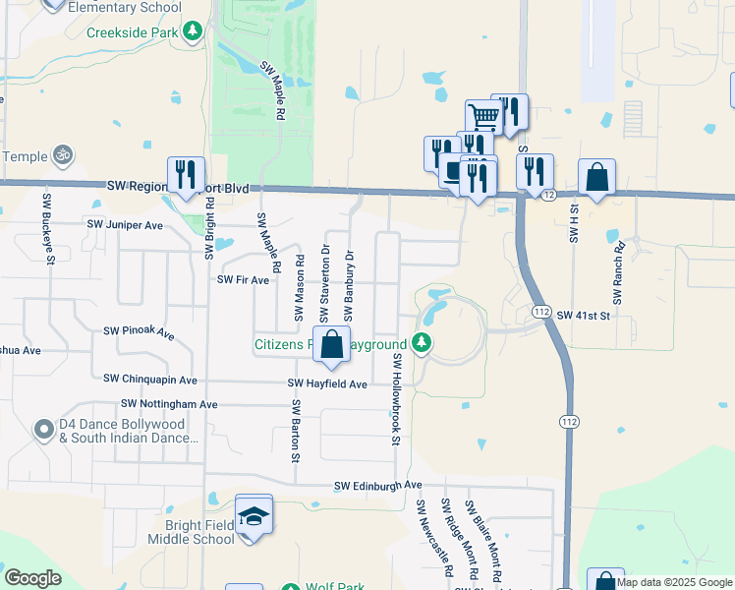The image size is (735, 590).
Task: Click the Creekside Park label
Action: click(x=132, y=31)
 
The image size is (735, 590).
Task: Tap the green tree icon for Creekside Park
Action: click(x=195, y=31)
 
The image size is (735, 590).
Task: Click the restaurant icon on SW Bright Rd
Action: click(x=186, y=174)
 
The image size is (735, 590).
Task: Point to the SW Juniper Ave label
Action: click(x=125, y=224)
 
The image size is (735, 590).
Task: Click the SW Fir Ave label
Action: click(x=243, y=280)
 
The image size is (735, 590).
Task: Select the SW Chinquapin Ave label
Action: click(x=150, y=380)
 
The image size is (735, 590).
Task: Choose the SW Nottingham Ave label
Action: click(x=169, y=404)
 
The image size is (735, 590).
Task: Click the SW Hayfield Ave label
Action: click(x=327, y=383)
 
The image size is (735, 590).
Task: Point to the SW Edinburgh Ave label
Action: click(x=377, y=486)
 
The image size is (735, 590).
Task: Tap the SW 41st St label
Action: click(x=584, y=316)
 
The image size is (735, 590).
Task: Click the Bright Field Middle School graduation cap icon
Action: click(x=254, y=515)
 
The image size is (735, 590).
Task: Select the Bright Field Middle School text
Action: click(x=192, y=532)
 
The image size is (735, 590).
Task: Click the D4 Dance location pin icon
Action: click(x=42, y=429)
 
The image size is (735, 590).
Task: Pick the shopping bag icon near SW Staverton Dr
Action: click(x=332, y=344)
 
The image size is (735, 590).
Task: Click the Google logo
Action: click(x=33, y=578)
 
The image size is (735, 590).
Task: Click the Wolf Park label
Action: click(x=334, y=587)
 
